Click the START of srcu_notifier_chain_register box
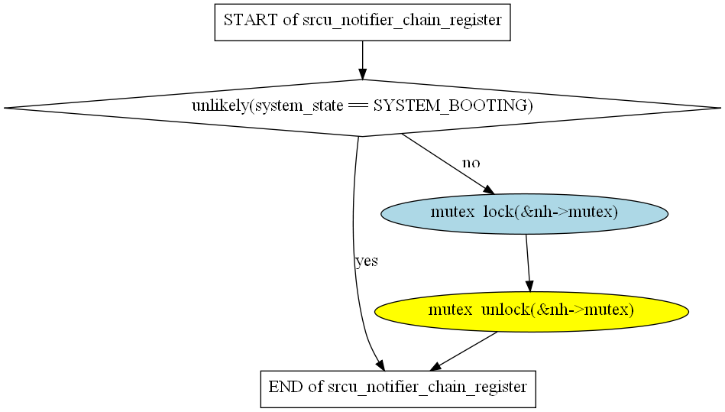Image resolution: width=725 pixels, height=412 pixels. pos(362,21)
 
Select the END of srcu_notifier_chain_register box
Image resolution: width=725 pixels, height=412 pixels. pos(397,388)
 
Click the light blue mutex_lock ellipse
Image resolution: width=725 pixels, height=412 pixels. pos(524,212)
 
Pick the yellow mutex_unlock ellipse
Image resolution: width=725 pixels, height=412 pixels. pos(531,310)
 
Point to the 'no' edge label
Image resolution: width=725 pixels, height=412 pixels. pos(471,163)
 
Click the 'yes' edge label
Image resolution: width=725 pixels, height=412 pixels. pos(367,261)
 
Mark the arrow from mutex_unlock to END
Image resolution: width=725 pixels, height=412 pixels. pos(466,351)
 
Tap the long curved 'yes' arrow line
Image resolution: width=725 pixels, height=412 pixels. pos(354,229)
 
